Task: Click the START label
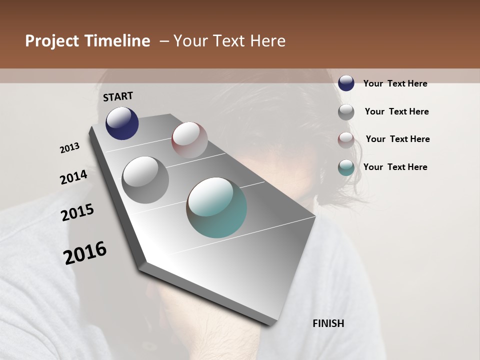118,96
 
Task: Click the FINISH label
328,323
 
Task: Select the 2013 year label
70,148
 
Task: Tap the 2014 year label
74,177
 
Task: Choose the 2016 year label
85,252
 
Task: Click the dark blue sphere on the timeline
122,123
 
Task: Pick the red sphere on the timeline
189,139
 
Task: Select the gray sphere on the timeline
145,180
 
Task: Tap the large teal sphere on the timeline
216,207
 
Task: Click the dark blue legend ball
346,83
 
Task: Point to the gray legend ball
346,112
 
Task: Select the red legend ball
346,140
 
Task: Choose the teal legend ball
346,167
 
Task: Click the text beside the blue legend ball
395,83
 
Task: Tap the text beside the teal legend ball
395,167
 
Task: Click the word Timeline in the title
117,41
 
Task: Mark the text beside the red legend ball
397,139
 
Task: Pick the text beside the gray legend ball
396,111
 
